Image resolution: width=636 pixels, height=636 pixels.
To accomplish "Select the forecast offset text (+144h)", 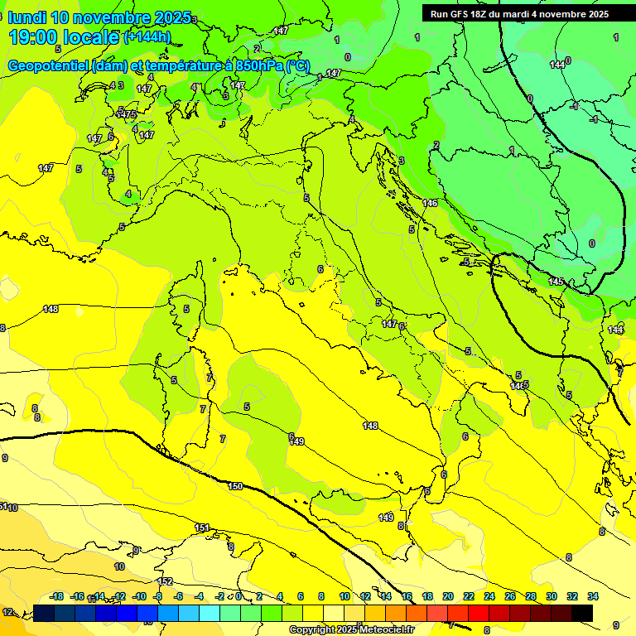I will tap(147, 37).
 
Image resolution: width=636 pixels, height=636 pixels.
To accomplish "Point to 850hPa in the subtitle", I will tap(256, 65).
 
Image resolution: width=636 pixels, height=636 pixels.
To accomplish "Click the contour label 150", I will tap(235, 486).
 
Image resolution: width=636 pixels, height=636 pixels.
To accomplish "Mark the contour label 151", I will tap(202, 528).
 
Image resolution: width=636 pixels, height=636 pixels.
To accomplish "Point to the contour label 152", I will tap(165, 581).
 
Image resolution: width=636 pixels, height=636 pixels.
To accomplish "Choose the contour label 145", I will tap(556, 282).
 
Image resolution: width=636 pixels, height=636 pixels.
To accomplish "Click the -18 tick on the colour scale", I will tap(56, 596).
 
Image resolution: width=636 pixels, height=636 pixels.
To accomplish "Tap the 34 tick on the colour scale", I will tap(593, 596).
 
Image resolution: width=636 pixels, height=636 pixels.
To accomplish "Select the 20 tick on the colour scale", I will tap(448, 596).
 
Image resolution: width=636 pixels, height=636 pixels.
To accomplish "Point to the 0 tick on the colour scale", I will tap(238, 596).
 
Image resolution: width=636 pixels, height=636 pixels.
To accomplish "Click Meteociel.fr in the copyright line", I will tap(381, 630).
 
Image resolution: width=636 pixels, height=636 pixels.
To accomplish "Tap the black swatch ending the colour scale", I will tap(582, 613).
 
